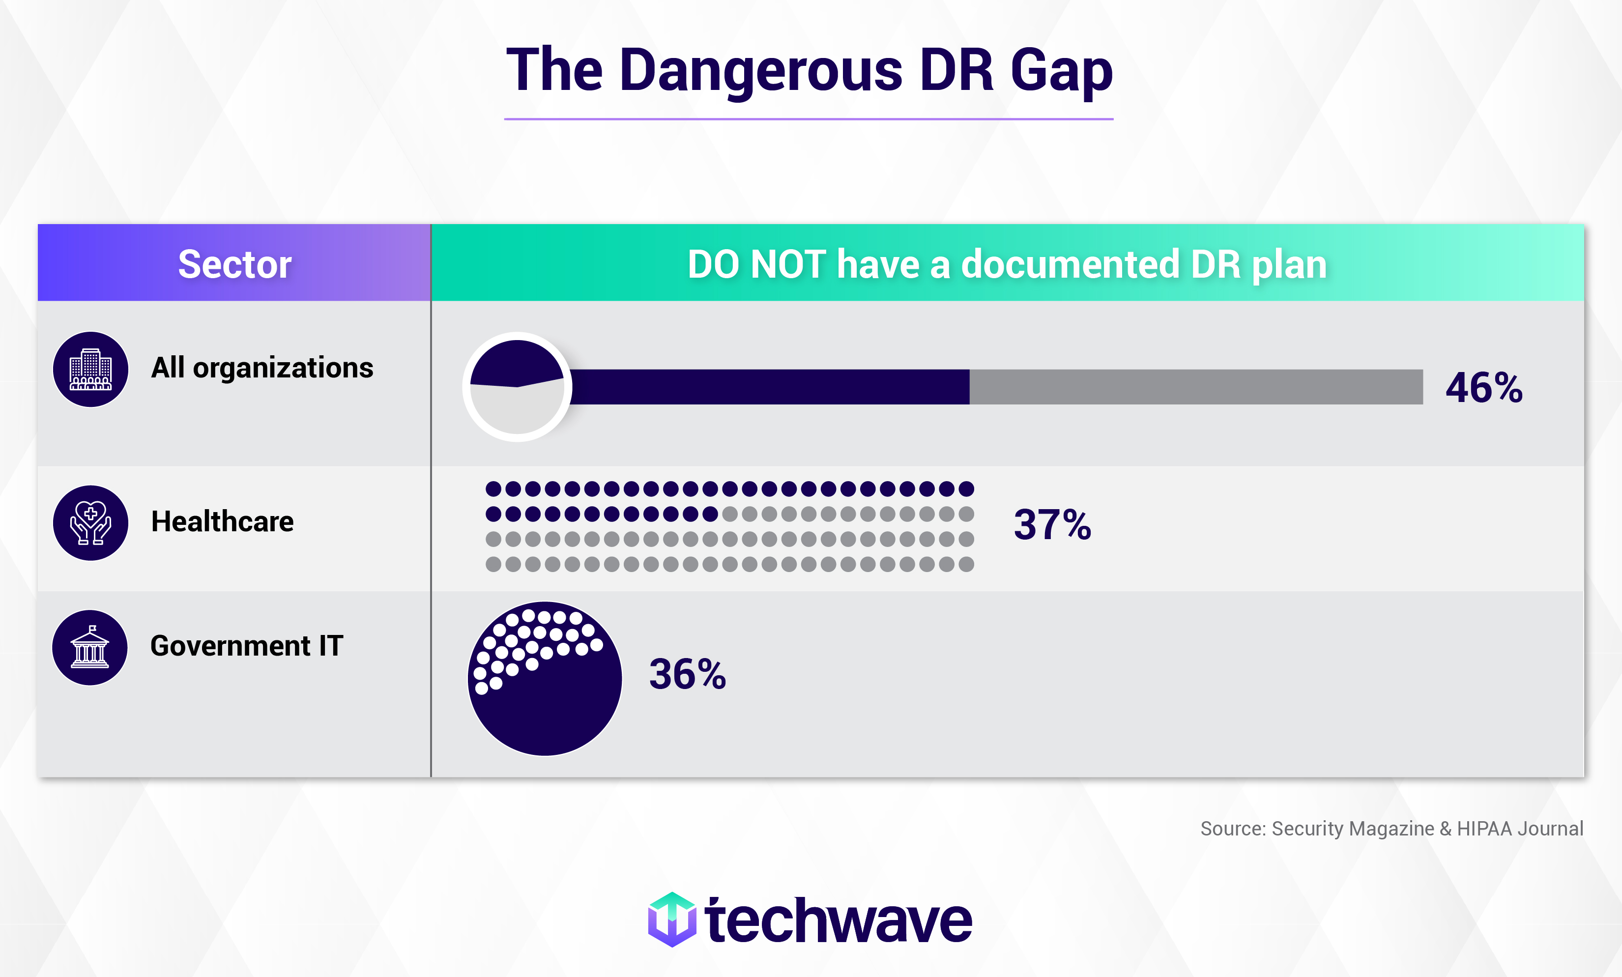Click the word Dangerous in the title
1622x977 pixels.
tap(760, 71)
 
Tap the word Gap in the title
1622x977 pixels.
tap(1061, 71)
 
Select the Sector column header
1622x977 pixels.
tap(234, 263)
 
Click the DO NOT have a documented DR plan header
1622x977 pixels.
tap(1007, 263)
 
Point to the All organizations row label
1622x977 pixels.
tap(262, 368)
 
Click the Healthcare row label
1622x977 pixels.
tap(223, 521)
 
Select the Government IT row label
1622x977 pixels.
tap(247, 646)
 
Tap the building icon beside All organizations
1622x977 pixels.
tap(91, 370)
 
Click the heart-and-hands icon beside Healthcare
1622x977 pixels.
tap(91, 523)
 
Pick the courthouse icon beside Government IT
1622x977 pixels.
tap(90, 648)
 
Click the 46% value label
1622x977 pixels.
tap(1484, 388)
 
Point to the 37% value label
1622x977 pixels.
tap(1052, 525)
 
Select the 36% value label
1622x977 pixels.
tap(687, 675)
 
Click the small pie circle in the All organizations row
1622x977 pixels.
tap(518, 387)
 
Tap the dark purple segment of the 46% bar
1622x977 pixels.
tap(770, 387)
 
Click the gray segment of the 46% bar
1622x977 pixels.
tap(1195, 387)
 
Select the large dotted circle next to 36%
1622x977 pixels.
tap(545, 679)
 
